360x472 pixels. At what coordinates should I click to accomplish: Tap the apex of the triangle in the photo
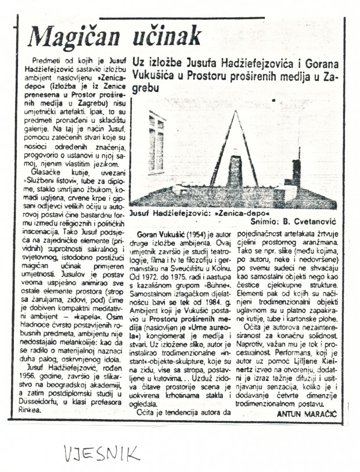[x=235, y=112]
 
